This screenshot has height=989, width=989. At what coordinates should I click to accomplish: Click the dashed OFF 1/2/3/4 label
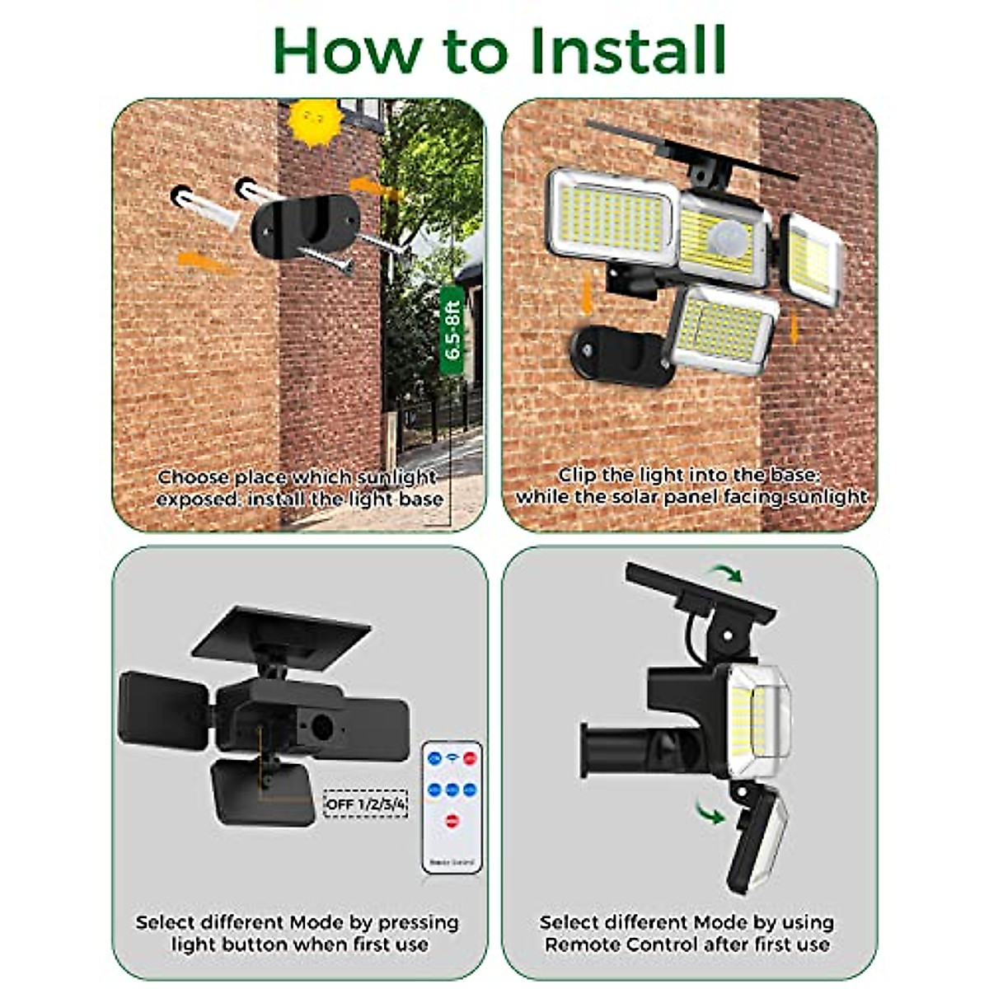click(x=365, y=804)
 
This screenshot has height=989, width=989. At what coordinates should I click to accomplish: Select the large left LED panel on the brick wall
click(x=614, y=216)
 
